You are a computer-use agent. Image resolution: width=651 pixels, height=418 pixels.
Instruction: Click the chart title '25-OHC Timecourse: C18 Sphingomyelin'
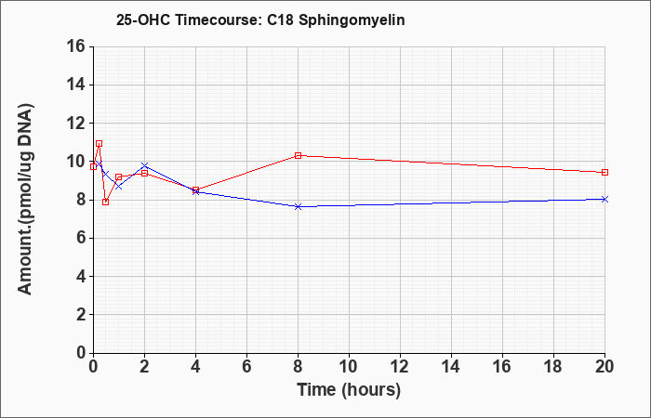[260, 20]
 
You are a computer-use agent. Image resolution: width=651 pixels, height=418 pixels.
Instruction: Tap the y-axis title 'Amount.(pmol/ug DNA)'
[25, 199]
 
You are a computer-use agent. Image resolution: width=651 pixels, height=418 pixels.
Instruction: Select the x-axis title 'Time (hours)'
[349, 390]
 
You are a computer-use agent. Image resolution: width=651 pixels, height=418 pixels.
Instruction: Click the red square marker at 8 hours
[298, 155]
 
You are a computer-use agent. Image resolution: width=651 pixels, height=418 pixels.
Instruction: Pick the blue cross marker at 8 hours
[298, 206]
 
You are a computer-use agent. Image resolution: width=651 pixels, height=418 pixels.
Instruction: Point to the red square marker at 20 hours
[604, 172]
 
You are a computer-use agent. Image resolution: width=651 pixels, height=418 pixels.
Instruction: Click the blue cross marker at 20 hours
[604, 199]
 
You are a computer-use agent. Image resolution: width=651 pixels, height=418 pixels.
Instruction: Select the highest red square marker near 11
[99, 143]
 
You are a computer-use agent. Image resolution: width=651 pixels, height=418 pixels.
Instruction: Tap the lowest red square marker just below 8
[105, 202]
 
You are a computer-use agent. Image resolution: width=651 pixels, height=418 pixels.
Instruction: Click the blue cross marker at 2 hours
[144, 165]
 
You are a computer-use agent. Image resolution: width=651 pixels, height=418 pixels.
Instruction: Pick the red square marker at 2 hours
[144, 173]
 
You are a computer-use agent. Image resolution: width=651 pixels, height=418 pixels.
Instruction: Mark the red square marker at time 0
[93, 166]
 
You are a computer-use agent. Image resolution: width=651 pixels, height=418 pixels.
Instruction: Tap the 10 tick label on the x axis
[349, 367]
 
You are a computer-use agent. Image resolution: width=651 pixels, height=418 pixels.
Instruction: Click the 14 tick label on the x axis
[451, 367]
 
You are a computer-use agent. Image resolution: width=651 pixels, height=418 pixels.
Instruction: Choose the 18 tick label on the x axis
[554, 367]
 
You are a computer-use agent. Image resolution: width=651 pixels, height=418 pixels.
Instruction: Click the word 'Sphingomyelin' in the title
[352, 20]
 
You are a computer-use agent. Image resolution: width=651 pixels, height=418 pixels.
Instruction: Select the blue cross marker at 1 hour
[119, 186]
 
